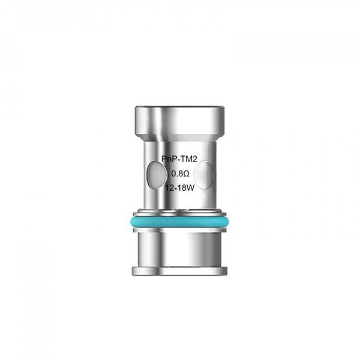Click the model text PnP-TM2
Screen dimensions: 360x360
179,159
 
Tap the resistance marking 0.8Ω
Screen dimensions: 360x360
181,173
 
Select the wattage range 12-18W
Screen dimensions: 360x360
180,188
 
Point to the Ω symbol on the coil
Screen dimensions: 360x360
187,173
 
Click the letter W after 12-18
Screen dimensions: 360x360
191,188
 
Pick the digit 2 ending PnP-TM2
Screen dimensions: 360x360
195,159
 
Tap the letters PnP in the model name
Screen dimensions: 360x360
169,159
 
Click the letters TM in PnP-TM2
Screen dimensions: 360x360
186,159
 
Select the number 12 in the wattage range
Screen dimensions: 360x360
170,188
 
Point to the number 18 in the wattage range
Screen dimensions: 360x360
182,188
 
